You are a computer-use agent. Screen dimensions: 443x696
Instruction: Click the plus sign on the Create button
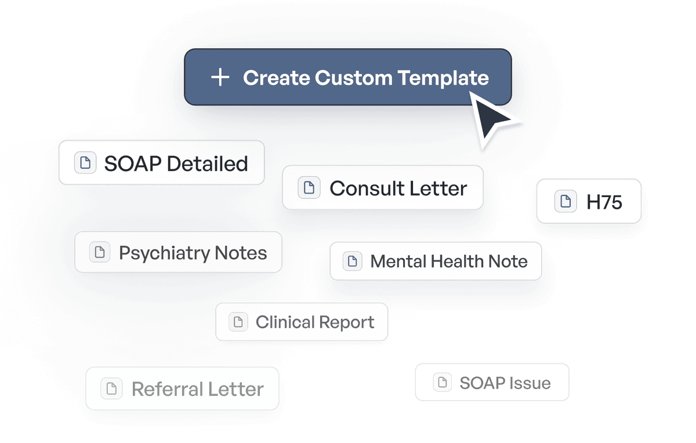pyautogui.click(x=220, y=78)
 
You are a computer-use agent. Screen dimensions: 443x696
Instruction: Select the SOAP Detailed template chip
pyautogui.click(x=162, y=163)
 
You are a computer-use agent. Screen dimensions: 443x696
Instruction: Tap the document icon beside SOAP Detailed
pyautogui.click(x=85, y=163)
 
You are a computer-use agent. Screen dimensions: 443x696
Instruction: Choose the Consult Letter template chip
pyautogui.click(x=383, y=187)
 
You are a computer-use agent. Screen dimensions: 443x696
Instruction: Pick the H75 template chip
pyautogui.click(x=589, y=201)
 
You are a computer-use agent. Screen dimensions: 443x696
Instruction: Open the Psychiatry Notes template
pyautogui.click(x=178, y=252)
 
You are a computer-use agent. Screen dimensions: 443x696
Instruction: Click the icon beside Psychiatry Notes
pyautogui.click(x=100, y=252)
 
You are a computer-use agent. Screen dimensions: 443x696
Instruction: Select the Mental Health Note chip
pyautogui.click(x=436, y=261)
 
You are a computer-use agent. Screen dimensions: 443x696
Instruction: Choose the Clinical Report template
pyautogui.click(x=302, y=322)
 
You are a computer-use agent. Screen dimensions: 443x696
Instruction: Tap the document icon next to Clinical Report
pyautogui.click(x=238, y=322)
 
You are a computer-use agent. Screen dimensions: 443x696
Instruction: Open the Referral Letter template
pyautogui.click(x=182, y=388)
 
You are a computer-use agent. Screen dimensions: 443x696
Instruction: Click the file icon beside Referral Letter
pyautogui.click(x=111, y=388)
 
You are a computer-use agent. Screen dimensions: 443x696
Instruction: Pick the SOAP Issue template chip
pyautogui.click(x=492, y=382)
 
